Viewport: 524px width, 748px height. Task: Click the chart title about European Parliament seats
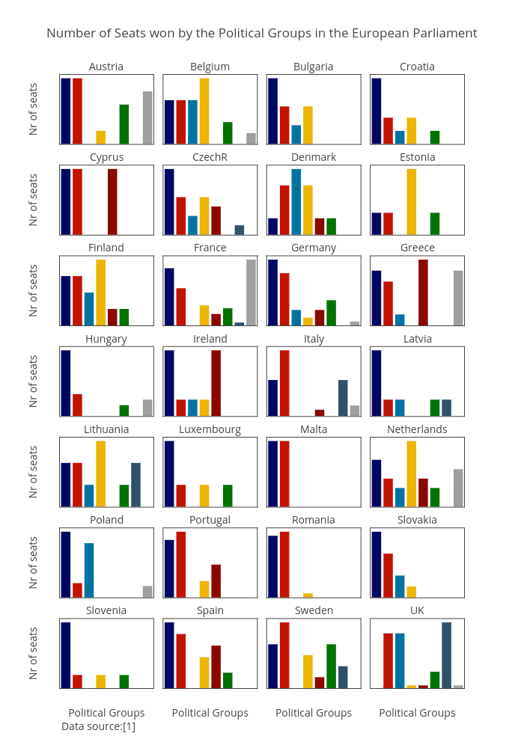(262, 33)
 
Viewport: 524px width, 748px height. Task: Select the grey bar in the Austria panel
(147, 117)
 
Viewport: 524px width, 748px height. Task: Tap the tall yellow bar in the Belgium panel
(204, 111)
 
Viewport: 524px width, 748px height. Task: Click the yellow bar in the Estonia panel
(411, 202)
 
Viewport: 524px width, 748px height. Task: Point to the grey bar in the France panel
(251, 292)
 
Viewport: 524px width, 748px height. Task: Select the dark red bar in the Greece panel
(423, 292)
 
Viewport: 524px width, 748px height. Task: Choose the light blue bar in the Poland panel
(89, 570)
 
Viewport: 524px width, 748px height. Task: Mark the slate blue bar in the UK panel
(446, 654)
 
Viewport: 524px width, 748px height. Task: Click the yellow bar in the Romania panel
(308, 595)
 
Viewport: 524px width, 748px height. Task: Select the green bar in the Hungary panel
(124, 411)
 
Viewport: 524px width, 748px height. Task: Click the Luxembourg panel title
(210, 429)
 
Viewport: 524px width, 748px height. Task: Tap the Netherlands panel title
(417, 429)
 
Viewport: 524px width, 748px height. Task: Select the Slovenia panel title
(106, 610)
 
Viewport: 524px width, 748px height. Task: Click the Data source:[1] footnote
(98, 726)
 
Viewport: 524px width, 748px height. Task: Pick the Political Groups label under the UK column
(417, 713)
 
